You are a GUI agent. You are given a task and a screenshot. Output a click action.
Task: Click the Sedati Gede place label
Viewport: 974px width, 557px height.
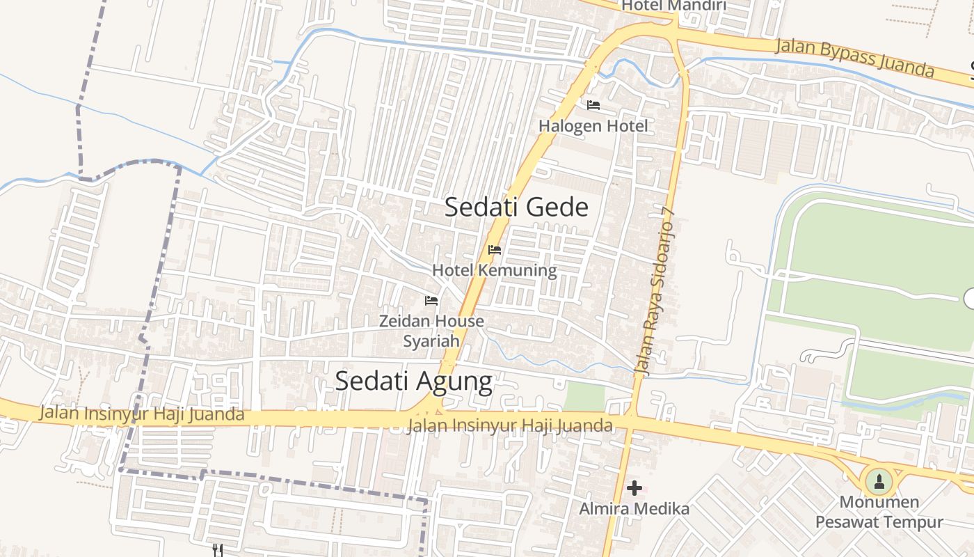(x=516, y=207)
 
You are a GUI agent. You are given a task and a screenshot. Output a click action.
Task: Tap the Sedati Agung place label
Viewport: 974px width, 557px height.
(x=414, y=381)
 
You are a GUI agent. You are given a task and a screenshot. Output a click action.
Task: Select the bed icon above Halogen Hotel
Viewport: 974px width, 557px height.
(x=593, y=105)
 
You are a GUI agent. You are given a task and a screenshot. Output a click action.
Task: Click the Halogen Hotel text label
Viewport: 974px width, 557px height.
(x=593, y=126)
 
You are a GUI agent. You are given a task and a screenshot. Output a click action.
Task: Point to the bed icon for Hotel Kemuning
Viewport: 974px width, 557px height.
(x=495, y=249)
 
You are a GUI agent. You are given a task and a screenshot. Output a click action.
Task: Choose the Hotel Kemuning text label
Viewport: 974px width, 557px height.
(x=495, y=270)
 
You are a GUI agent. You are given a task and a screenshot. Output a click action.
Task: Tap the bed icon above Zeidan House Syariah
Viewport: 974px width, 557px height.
(x=431, y=301)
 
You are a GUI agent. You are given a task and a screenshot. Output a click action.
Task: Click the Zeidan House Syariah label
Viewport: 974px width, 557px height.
(x=431, y=331)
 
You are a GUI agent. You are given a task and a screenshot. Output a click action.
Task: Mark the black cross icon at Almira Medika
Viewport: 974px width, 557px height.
(x=634, y=488)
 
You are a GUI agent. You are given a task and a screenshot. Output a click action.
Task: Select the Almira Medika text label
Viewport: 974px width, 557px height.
(x=634, y=509)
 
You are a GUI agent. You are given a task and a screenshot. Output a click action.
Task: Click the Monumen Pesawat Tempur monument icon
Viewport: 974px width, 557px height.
(x=879, y=481)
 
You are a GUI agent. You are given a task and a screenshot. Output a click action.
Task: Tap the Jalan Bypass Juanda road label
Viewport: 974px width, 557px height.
(x=854, y=58)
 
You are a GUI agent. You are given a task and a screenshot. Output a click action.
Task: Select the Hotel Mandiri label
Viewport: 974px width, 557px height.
(x=673, y=6)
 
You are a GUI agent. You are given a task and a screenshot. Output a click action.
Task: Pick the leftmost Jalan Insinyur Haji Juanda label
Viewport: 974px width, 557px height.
(x=142, y=414)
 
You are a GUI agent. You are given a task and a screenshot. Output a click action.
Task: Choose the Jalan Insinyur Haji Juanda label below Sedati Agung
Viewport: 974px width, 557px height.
(x=511, y=425)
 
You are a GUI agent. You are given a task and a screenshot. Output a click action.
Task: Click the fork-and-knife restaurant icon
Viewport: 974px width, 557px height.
(x=218, y=550)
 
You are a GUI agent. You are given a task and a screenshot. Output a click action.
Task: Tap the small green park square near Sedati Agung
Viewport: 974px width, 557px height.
(x=584, y=397)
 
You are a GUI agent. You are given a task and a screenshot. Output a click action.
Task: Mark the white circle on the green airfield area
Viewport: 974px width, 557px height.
(x=970, y=299)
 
